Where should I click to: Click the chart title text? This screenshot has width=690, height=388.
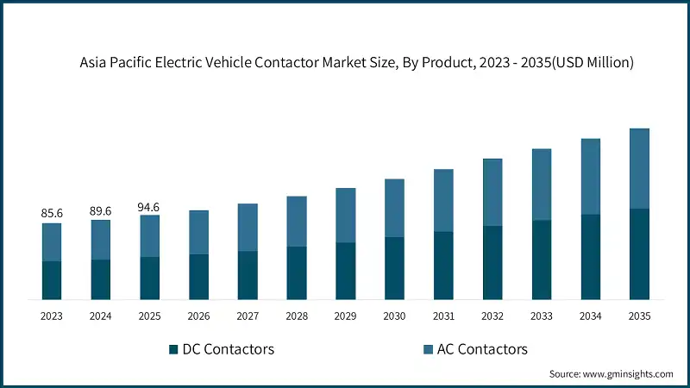point(356,63)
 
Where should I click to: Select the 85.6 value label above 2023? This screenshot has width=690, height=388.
point(52,212)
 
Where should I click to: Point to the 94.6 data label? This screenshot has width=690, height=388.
point(149,207)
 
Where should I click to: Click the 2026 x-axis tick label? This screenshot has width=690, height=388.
point(198,316)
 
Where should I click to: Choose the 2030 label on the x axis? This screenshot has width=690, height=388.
point(394,316)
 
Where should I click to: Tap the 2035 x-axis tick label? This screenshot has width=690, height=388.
point(638,316)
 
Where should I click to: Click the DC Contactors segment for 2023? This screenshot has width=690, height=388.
point(52,280)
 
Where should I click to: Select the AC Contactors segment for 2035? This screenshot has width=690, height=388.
point(638,168)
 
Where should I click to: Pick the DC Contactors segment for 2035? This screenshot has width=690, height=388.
point(638,254)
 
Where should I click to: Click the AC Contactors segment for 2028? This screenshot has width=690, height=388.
point(297,222)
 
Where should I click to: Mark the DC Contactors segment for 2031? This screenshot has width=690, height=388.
point(443,266)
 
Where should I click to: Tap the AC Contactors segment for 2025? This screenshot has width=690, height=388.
point(149,235)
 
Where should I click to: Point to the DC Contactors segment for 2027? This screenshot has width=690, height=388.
point(248,276)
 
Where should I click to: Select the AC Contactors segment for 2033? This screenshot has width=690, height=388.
point(541,185)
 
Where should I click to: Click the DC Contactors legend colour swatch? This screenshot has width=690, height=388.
point(173,349)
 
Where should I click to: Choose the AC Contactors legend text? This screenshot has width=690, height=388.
point(482,349)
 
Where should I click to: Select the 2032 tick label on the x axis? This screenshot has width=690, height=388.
point(492,316)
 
